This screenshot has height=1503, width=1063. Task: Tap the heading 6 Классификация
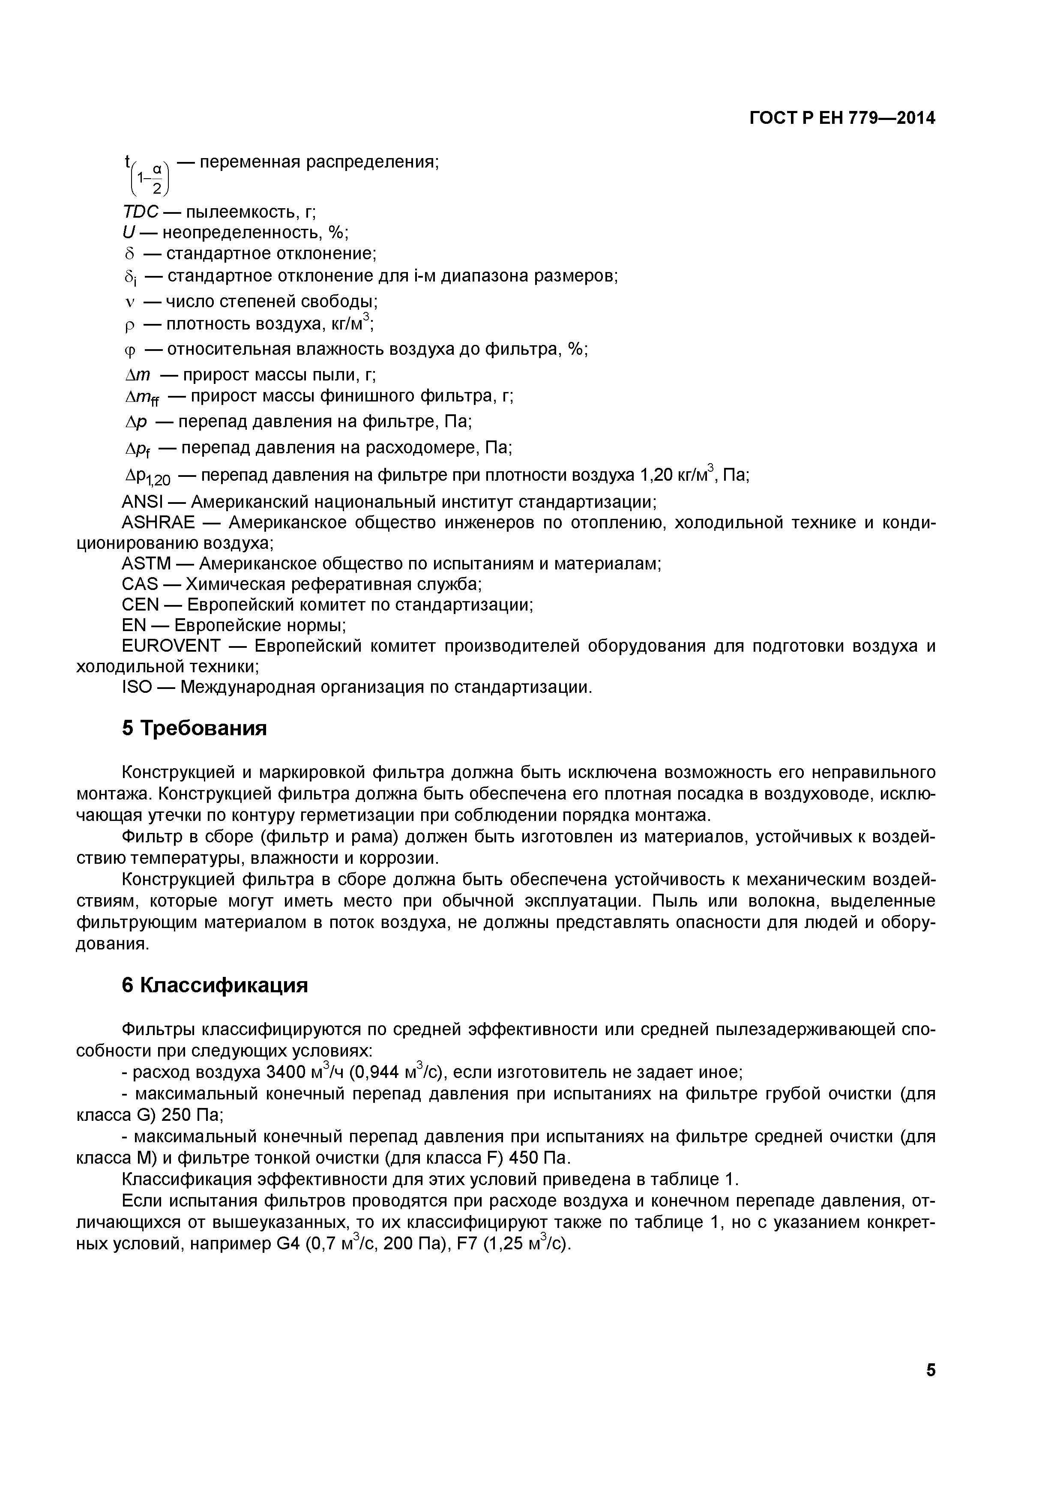[215, 985]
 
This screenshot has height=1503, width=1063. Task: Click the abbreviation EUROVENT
[171, 646]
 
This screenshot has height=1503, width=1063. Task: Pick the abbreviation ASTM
[146, 564]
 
